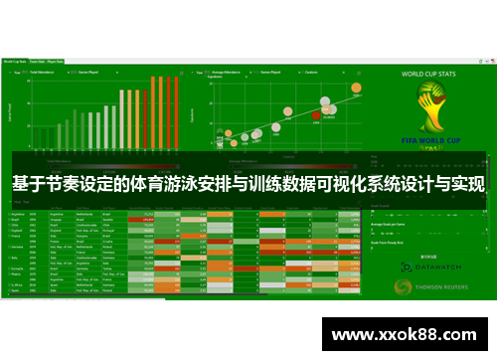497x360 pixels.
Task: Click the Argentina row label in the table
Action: [x=15, y=213]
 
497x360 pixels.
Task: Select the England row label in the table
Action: [x=14, y=233]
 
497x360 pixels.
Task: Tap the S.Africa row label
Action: [x=15, y=283]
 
